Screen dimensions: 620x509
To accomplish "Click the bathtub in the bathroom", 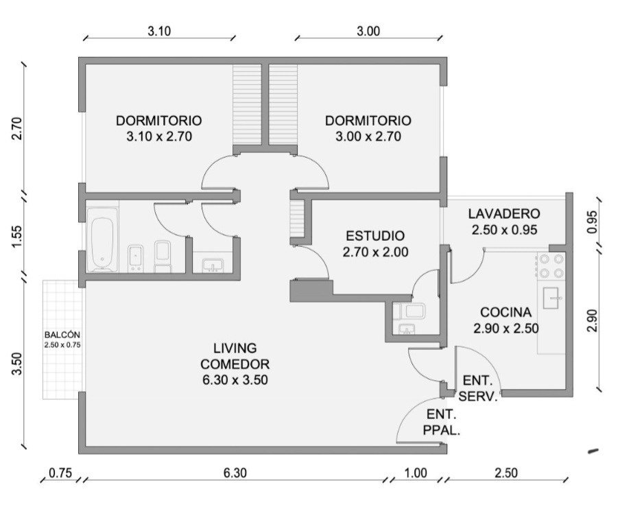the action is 102,239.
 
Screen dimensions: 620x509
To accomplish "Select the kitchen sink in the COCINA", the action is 552,298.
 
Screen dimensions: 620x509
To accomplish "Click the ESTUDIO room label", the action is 375,236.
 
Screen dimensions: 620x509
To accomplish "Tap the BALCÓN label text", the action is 62,335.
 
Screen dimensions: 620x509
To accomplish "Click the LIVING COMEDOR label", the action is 235,356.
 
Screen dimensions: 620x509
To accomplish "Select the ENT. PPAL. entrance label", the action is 442,423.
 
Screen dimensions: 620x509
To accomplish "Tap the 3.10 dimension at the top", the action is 159,32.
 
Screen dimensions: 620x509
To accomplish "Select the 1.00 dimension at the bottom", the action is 415,473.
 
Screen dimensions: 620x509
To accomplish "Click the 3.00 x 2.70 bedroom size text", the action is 368,137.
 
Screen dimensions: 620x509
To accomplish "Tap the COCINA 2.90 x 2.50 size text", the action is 505,329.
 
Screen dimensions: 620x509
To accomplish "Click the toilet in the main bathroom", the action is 163,257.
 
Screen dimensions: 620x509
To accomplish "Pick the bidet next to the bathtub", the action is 135,259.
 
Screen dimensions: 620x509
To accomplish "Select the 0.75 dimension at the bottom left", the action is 60,473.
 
